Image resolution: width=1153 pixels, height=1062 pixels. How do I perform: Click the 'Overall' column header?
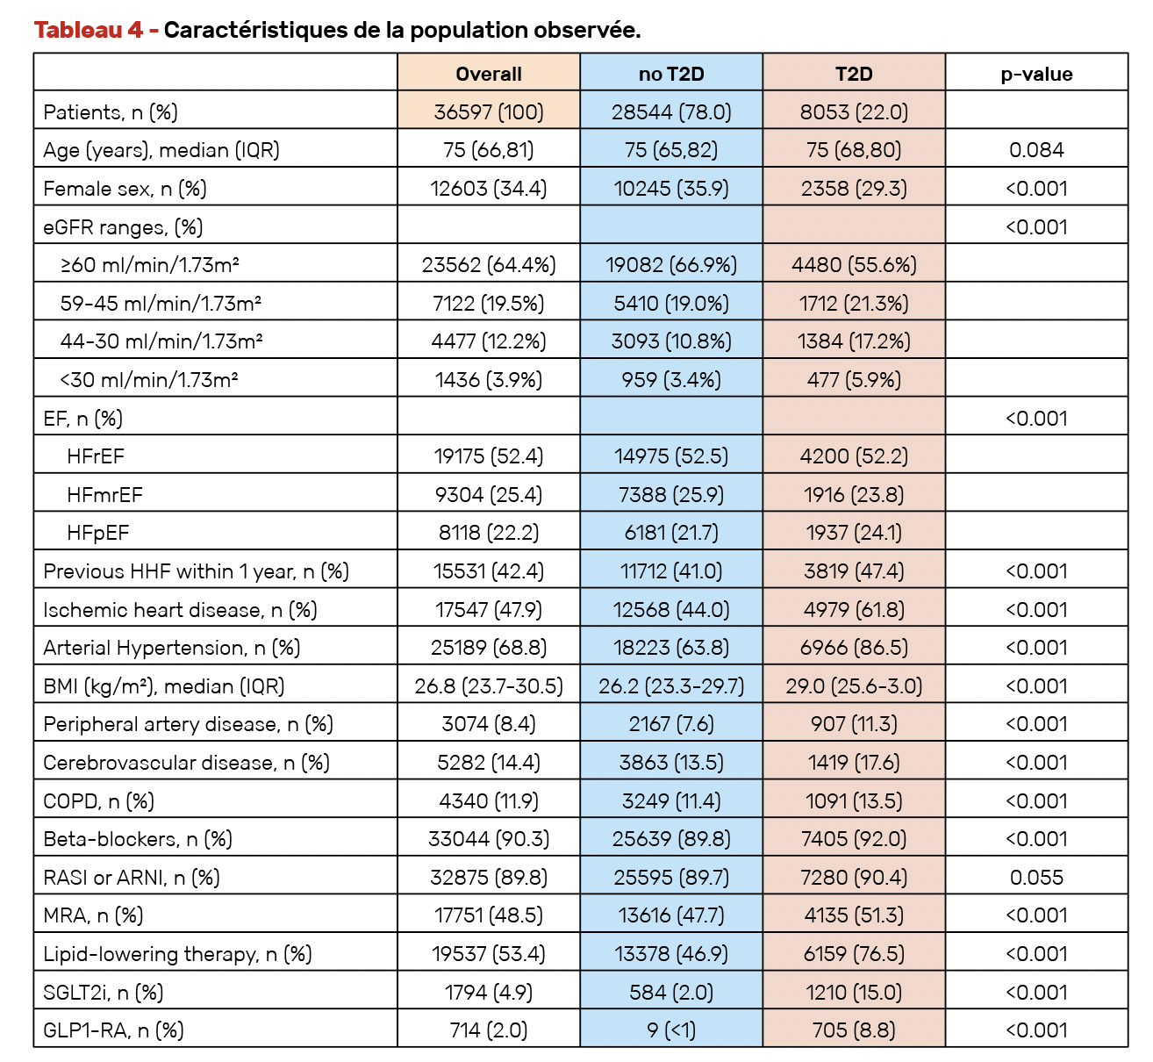[x=489, y=75]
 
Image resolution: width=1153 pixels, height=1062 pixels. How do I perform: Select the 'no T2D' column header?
[x=671, y=75]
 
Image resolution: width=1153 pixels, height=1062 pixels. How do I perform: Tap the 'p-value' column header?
[x=1036, y=75]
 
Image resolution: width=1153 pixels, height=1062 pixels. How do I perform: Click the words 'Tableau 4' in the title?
[x=89, y=30]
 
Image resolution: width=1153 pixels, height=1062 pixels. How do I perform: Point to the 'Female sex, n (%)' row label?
[x=125, y=189]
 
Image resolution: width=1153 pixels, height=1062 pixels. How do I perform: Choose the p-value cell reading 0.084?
[x=1036, y=150]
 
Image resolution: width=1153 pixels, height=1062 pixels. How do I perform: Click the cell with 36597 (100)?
[x=489, y=111]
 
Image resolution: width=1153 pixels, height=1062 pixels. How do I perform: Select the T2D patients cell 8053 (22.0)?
[x=854, y=111]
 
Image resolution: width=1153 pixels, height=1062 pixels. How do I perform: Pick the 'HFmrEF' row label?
[x=104, y=494]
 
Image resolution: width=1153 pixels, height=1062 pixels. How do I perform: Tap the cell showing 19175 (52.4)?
[x=489, y=456]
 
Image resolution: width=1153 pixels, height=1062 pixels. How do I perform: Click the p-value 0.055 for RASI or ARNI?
[x=1036, y=878]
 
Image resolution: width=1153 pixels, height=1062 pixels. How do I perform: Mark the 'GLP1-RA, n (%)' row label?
[x=113, y=1030]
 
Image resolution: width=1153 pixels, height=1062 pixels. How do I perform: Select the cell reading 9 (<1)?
[x=671, y=1030]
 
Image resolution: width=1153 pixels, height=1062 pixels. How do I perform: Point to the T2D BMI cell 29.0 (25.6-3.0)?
[x=854, y=686]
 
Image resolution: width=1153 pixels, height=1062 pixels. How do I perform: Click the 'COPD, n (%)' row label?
[x=99, y=801]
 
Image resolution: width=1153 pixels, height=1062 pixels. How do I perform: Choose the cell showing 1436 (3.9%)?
[x=489, y=380]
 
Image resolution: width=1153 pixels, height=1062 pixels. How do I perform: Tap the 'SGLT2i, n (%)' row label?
[x=104, y=993]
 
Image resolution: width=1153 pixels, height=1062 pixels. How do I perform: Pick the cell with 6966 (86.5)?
[x=854, y=648]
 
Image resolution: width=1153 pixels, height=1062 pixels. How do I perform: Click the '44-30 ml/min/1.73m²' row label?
[x=161, y=341]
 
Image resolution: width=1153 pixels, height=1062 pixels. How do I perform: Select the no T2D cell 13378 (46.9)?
[x=671, y=954]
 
